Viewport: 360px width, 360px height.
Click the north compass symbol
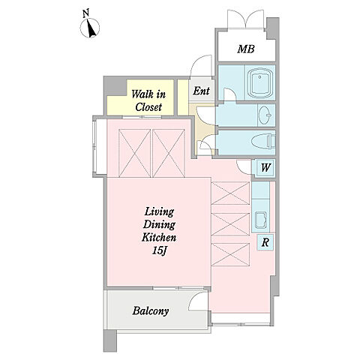(90, 28)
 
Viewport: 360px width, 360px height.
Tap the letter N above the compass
(86, 13)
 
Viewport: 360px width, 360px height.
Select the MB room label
(246, 49)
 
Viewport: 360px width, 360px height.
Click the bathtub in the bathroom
(260, 83)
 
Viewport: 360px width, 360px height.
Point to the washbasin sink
(265, 115)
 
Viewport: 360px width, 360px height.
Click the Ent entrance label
(201, 91)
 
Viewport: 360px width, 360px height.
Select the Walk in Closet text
(148, 100)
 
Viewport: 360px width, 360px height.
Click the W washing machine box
(265, 167)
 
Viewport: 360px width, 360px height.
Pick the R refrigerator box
(265, 242)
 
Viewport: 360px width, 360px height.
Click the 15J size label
(159, 251)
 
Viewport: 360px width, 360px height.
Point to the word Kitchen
(159, 237)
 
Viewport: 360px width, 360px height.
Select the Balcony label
(151, 311)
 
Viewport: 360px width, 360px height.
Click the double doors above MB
(246, 19)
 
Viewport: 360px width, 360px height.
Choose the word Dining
(159, 225)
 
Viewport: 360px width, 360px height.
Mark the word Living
(159, 211)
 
